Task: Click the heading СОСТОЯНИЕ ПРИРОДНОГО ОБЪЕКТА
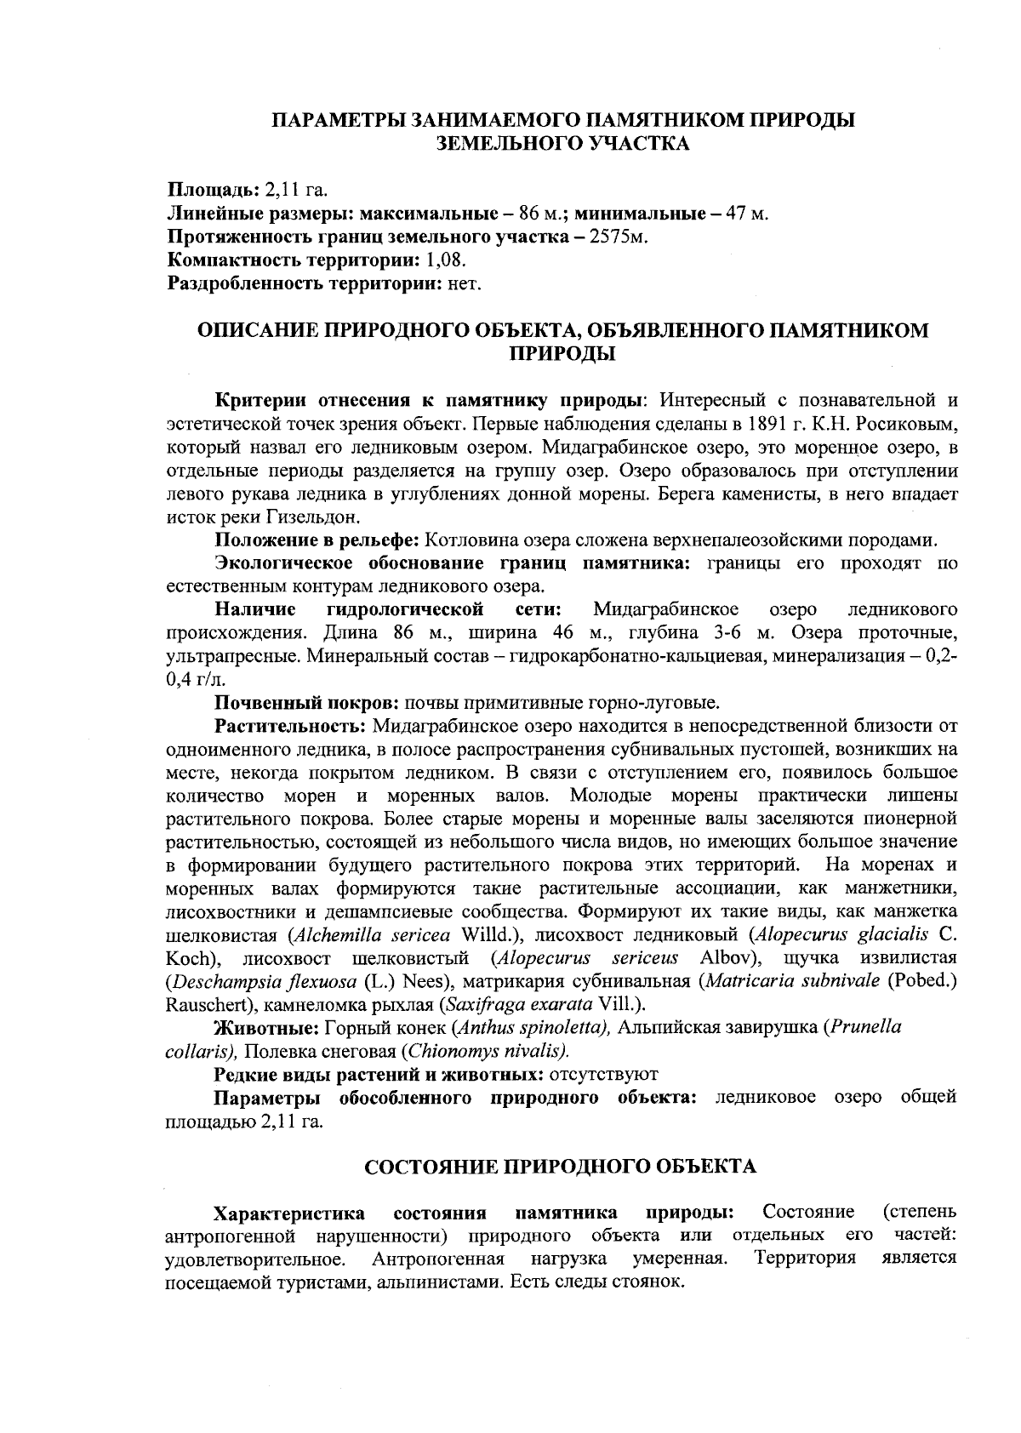tap(560, 1166)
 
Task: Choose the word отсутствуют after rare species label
tap(606, 1074)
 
